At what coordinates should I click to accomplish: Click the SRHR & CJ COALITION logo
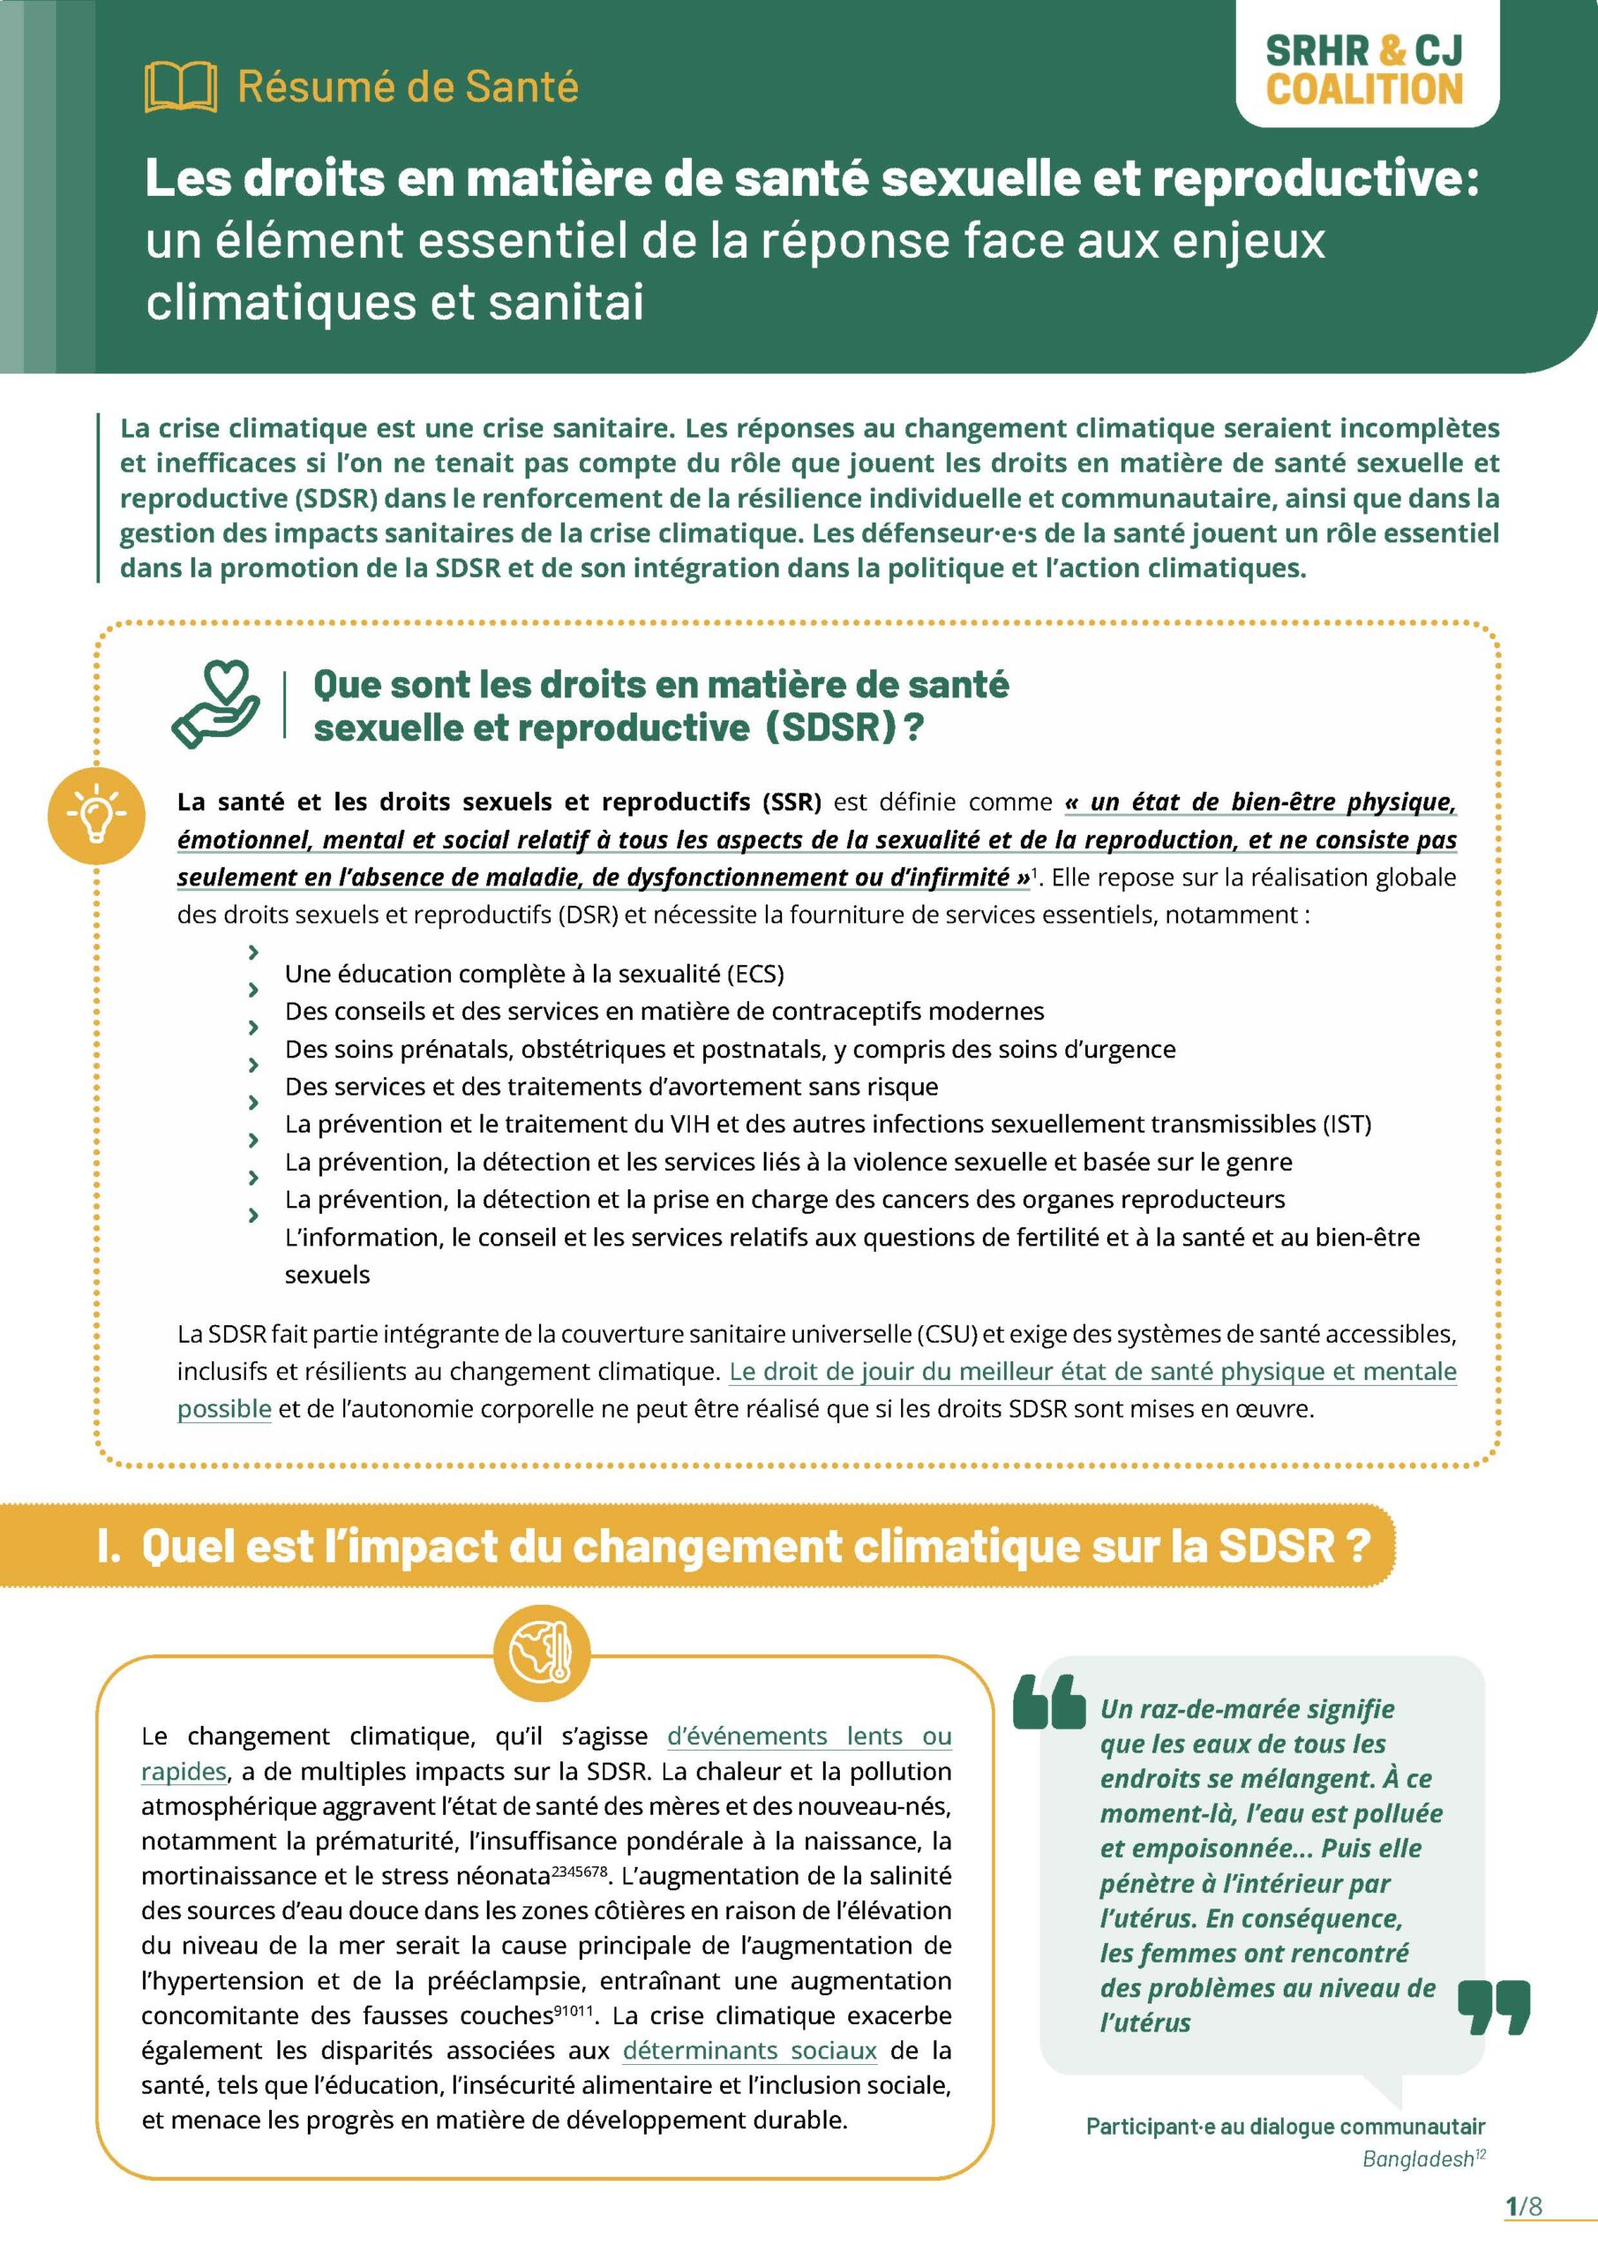point(1364,69)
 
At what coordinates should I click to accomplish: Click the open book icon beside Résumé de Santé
point(180,87)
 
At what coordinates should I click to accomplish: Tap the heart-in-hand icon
point(216,704)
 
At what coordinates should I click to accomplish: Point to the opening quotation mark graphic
point(1049,1701)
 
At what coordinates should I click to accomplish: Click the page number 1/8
point(1524,2207)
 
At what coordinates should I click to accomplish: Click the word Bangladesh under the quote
point(1417,2159)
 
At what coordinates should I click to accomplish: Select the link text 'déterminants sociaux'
point(749,2051)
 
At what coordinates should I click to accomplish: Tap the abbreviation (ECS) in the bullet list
point(755,975)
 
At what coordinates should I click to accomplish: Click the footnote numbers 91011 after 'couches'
point(573,2009)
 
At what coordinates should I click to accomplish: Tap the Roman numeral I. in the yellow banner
point(109,1546)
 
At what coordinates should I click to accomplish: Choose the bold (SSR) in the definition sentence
point(791,802)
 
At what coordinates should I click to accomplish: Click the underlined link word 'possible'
point(223,1410)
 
